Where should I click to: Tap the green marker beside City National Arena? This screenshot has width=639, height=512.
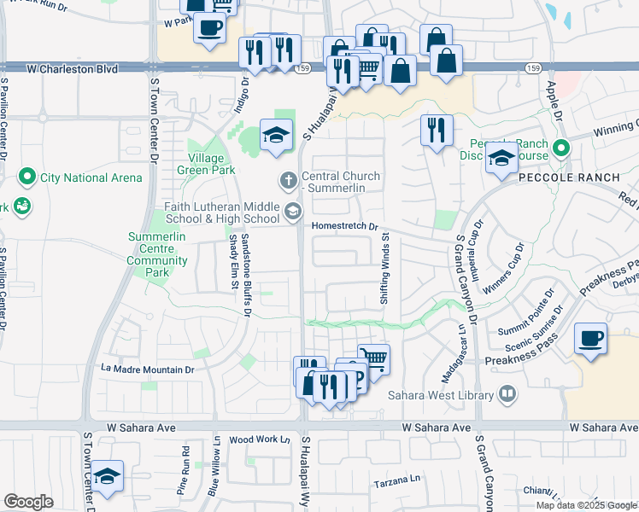tap(26, 177)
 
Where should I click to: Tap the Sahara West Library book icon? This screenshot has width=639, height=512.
tap(507, 395)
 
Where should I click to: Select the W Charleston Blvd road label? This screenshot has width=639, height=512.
tap(73, 66)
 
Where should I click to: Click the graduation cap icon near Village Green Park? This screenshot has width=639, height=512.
tap(276, 135)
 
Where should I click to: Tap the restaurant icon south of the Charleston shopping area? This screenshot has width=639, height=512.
tap(436, 130)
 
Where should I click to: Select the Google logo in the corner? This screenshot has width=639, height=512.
tap(28, 502)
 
